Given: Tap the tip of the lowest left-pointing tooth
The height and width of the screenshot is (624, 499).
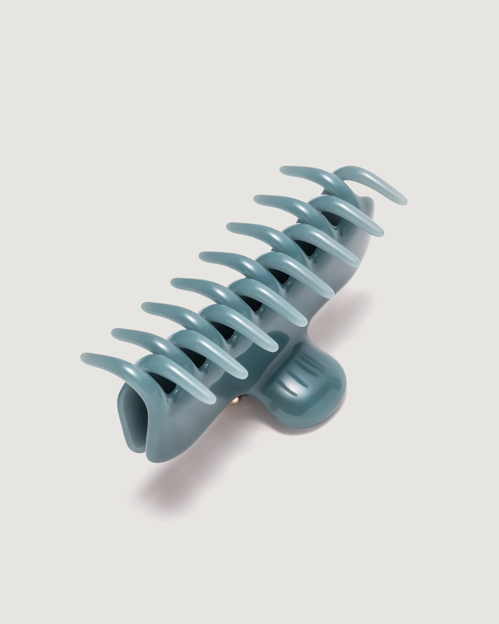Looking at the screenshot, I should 84,356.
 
